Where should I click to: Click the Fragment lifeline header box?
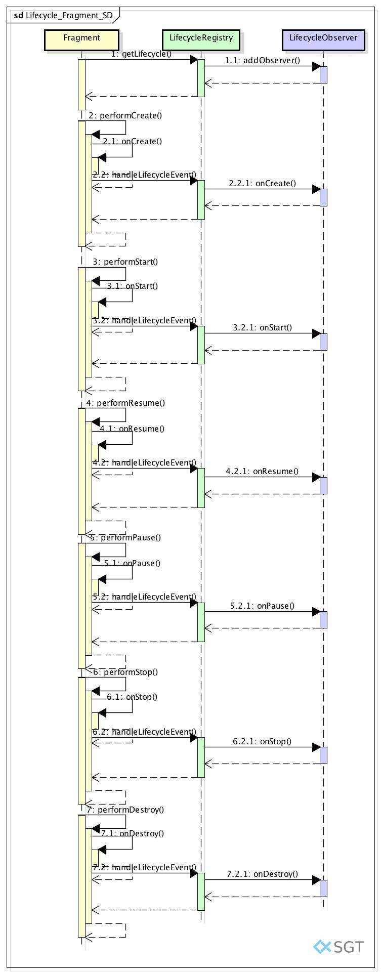tap(81, 40)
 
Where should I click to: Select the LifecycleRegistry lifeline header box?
tap(201, 40)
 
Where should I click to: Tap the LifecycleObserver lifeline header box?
tap(323, 40)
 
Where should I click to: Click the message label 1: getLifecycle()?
tap(141, 54)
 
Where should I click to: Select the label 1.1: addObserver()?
tap(263, 61)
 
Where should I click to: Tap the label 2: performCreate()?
tap(125, 115)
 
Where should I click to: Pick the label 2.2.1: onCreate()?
tap(263, 183)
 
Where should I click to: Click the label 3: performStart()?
tap(125, 262)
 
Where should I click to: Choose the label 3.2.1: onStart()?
tap(263, 327)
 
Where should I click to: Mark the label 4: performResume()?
tap(125, 403)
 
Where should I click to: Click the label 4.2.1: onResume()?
tap(263, 471)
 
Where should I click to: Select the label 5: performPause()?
tap(125, 537)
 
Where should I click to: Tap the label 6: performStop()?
tap(125, 672)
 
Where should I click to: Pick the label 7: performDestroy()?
tap(125, 810)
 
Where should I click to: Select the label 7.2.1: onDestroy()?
tap(263, 874)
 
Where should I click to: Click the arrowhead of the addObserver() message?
tap(316, 66)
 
